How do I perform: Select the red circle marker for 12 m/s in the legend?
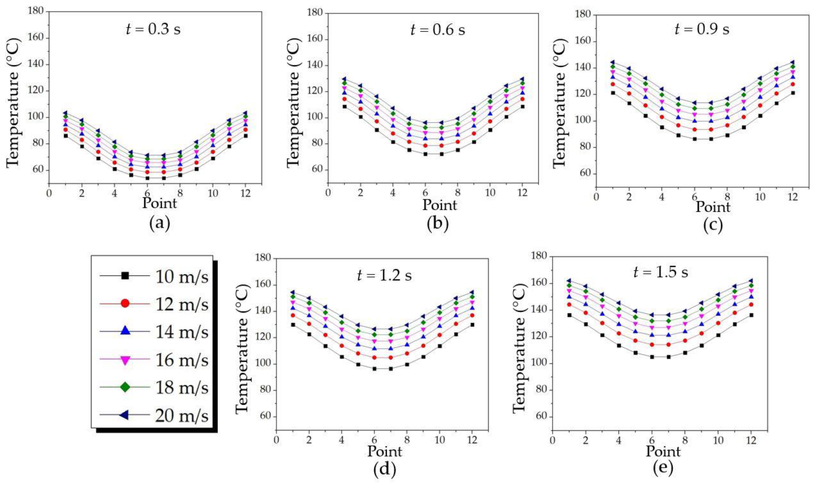click(125, 303)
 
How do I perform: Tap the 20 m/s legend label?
click(181, 416)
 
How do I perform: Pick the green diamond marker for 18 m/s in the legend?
click(125, 387)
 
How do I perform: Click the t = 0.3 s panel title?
click(153, 29)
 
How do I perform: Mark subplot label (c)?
click(712, 226)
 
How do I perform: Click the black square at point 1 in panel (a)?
click(65, 136)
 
